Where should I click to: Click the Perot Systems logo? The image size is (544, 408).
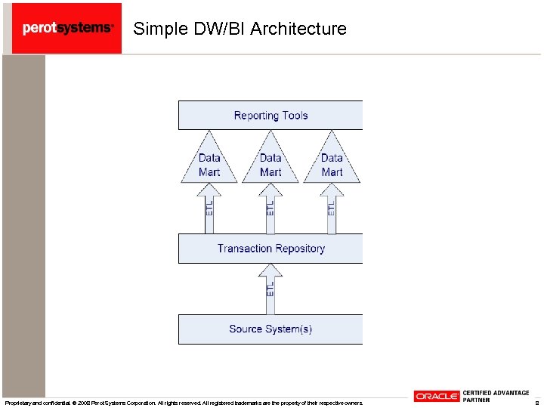[67, 28]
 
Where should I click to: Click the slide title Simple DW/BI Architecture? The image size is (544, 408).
[240, 29]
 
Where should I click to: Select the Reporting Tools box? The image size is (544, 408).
[270, 116]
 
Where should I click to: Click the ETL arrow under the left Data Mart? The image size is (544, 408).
[209, 208]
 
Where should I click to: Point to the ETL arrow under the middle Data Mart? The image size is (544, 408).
[270, 208]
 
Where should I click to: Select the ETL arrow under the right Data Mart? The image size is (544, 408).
[332, 208]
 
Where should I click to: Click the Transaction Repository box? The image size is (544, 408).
[270, 249]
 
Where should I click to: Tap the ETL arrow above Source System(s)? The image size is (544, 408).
[270, 289]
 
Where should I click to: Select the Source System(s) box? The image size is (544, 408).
[270, 329]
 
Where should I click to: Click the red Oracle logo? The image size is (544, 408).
[436, 397]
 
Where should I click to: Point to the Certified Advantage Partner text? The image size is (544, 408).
[496, 396]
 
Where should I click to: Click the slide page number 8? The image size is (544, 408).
[536, 403]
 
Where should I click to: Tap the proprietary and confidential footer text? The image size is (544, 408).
[184, 403]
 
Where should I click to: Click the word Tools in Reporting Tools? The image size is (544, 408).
[292, 116]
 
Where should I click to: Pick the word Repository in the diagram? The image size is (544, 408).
[298, 249]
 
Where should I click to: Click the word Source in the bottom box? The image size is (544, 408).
[246, 329]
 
